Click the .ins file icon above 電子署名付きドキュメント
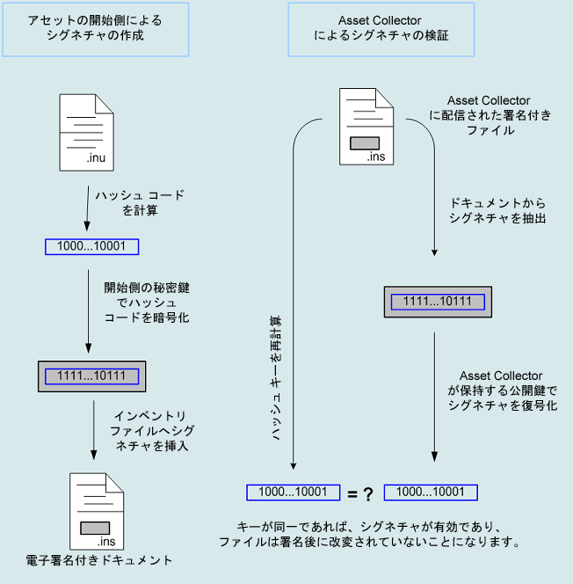click(x=94, y=510)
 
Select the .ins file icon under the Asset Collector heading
click(x=365, y=127)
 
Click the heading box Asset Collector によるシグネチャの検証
click(x=381, y=29)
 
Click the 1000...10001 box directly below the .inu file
click(x=91, y=246)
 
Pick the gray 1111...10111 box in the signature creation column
click(x=91, y=376)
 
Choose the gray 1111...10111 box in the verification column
click(x=438, y=302)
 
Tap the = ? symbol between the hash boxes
click(x=361, y=493)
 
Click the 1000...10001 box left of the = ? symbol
click(x=294, y=493)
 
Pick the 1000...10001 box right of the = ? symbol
click(x=436, y=493)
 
